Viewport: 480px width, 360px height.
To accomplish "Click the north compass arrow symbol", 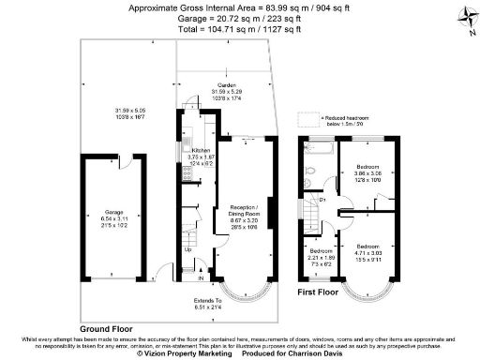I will tap(465, 17).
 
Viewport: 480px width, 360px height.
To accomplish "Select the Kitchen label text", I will tap(202, 150).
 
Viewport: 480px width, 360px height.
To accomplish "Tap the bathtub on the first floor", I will tap(316, 150).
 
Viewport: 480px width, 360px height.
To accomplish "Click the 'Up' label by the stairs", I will tap(187, 249).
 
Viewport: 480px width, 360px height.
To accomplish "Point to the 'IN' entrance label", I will tap(201, 277).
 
